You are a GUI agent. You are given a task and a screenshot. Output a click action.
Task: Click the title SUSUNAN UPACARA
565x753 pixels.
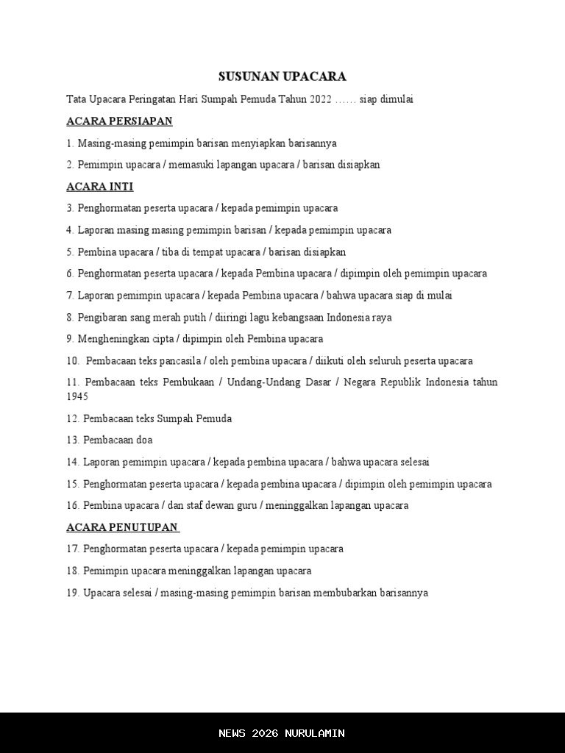tap(282, 76)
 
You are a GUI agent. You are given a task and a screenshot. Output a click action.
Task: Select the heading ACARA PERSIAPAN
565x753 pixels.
tap(119, 121)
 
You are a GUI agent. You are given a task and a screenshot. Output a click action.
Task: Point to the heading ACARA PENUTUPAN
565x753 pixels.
tap(122, 527)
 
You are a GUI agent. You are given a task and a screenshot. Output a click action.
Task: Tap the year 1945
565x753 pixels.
tap(77, 397)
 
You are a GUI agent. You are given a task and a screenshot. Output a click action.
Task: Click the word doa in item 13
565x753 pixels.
tap(144, 440)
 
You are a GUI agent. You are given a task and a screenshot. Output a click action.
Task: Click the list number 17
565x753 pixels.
tap(72, 549)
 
